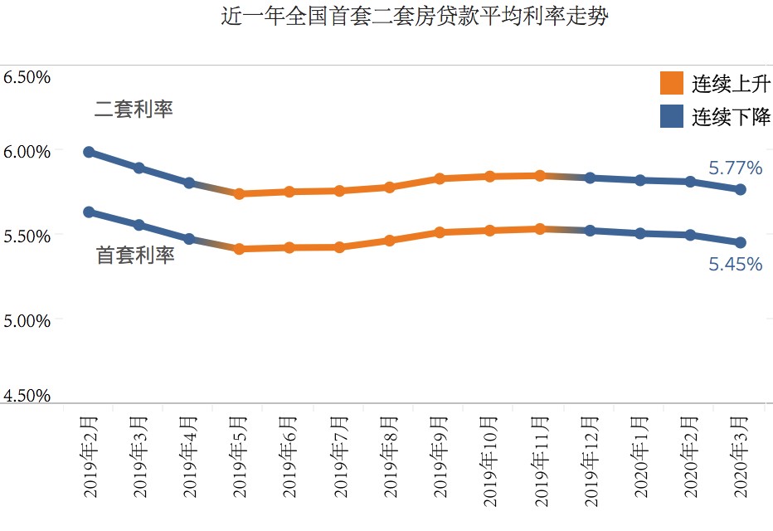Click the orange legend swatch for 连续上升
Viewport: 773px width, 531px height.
click(671, 84)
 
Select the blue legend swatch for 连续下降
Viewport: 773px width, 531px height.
click(671, 116)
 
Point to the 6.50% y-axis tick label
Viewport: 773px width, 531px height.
click(27, 77)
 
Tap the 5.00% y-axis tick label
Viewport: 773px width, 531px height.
click(27, 319)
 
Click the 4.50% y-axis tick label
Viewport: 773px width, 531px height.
click(27, 396)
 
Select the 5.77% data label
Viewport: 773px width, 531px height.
click(735, 168)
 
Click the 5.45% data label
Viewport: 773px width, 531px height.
click(735, 265)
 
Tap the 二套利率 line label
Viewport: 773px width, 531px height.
click(134, 110)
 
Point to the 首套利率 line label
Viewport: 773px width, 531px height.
click(135, 256)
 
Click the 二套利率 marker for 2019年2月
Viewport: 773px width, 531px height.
click(89, 152)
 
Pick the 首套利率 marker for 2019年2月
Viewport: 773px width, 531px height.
click(89, 212)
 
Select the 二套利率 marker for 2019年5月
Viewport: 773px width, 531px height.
click(239, 194)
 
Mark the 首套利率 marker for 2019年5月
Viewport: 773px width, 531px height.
click(239, 249)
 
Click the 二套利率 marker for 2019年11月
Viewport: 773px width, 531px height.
click(540, 175)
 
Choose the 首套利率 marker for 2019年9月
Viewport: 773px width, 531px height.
click(440, 232)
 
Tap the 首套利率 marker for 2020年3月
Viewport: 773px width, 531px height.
click(741, 242)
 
